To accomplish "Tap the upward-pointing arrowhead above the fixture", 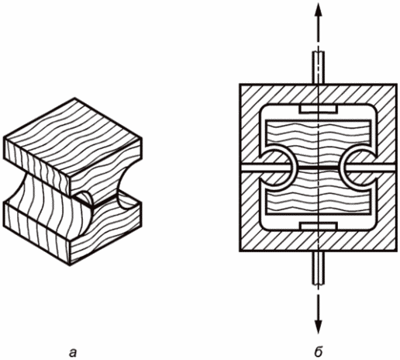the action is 319,10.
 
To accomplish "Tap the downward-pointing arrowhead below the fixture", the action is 319,326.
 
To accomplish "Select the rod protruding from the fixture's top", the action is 319,67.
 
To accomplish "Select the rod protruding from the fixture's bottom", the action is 319,268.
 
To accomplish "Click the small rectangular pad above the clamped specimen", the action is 319,109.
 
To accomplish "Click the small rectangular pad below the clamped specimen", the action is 319,226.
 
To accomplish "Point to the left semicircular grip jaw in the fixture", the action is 281,168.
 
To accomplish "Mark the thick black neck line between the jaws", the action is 319,168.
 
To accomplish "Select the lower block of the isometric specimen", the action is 72,233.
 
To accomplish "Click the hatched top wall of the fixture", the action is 319,95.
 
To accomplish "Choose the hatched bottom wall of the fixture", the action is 319,241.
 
